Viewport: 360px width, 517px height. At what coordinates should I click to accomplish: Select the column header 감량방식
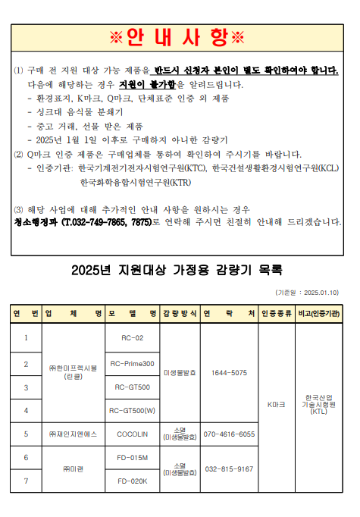[x=180, y=313]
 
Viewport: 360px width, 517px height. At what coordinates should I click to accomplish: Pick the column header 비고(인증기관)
[x=318, y=313]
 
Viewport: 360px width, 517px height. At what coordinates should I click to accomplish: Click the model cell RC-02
[x=132, y=337]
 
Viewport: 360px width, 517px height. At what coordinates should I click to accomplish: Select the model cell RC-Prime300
[x=132, y=364]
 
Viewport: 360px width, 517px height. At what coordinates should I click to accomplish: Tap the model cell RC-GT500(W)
[x=132, y=411]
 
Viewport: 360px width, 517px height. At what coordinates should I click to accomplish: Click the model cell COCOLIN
[x=132, y=434]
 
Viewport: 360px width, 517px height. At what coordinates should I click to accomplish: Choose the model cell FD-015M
[x=132, y=458]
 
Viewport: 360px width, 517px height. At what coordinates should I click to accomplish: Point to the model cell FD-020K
[x=132, y=481]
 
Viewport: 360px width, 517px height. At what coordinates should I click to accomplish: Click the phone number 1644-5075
[x=229, y=373]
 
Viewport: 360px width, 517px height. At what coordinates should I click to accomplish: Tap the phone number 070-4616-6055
[x=229, y=434]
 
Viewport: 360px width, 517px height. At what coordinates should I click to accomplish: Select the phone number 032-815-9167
[x=229, y=469]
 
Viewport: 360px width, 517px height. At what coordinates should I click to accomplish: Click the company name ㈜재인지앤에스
[x=73, y=434]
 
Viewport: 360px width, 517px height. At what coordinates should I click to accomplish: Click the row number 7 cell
[x=26, y=481]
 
